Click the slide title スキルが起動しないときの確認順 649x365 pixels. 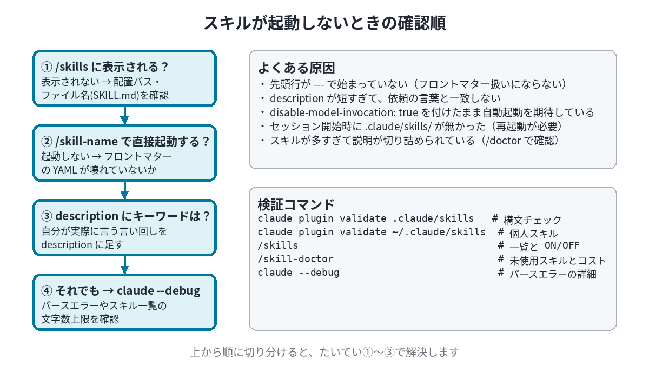tap(325, 23)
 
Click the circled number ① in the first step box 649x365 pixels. tap(47, 67)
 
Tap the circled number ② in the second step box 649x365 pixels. tap(47, 142)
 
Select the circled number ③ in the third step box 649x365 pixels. tap(47, 216)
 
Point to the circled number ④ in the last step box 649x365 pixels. tap(47, 290)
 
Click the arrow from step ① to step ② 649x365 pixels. tap(124, 116)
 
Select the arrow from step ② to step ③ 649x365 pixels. tap(124, 190)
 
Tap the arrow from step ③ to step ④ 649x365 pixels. tap(124, 264)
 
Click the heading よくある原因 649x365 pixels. tap(296, 68)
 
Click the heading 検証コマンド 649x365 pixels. tap(296, 204)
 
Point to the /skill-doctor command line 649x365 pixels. tap(295, 258)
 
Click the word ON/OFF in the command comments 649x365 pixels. tap(562, 245)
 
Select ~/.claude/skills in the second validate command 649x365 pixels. tap(439, 232)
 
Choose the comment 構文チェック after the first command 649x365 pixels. tap(533, 220)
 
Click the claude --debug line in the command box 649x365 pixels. tap(299, 273)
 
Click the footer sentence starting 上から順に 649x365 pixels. tap(325, 352)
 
